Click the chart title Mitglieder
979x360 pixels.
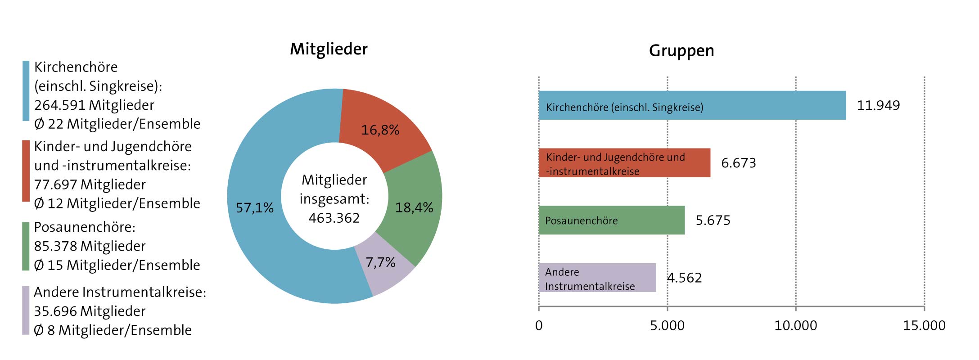pyautogui.click(x=329, y=49)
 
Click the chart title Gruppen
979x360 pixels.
pyautogui.click(x=681, y=51)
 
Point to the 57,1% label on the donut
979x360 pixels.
pyautogui.click(x=254, y=207)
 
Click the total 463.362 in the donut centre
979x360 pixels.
pyautogui.click(x=334, y=218)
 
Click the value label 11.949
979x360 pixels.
pyautogui.click(x=878, y=105)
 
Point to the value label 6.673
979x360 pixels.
pyautogui.click(x=738, y=163)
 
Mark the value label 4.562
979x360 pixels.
pyautogui.click(x=684, y=278)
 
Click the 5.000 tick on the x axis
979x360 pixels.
pyautogui.click(x=667, y=325)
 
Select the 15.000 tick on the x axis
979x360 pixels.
pyautogui.click(x=924, y=325)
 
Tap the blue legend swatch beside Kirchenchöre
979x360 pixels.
pyautogui.click(x=26, y=91)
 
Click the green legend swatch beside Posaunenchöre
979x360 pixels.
pyautogui.click(x=26, y=246)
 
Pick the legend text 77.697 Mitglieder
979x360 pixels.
pyautogui.click(x=90, y=184)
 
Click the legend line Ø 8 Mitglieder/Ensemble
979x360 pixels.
pyautogui.click(x=113, y=330)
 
